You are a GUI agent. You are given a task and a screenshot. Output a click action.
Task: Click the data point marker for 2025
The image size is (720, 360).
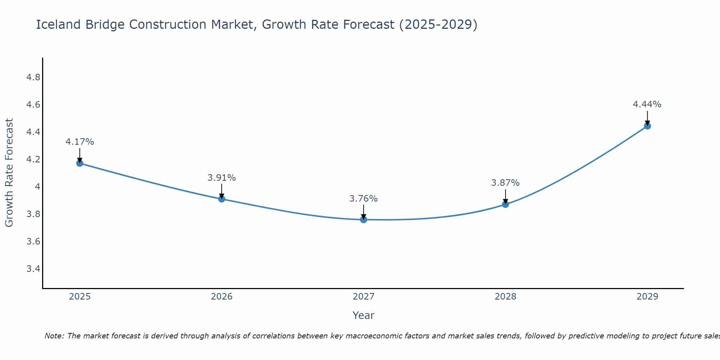80,163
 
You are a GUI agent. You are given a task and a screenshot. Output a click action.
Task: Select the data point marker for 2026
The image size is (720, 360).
221,199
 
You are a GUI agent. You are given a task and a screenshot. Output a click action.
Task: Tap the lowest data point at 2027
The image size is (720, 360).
364,219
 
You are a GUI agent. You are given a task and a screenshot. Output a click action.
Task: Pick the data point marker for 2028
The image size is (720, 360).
505,204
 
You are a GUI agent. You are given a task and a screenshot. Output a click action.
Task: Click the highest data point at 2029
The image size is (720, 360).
647,126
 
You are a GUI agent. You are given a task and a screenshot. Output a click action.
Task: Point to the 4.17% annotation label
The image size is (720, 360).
80,142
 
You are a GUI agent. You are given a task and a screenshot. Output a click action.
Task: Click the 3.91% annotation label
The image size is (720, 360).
221,178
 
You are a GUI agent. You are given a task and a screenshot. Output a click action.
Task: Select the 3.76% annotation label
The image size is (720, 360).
364,199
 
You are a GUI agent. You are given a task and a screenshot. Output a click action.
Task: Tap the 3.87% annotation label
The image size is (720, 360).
505,183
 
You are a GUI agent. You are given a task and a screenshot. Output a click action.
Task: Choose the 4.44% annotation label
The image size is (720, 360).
647,104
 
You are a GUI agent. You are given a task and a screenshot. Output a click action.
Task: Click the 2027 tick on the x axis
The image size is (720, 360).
364,297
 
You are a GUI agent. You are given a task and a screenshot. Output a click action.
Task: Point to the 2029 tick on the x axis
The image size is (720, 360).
647,297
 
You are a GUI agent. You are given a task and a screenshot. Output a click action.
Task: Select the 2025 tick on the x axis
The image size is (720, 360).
80,297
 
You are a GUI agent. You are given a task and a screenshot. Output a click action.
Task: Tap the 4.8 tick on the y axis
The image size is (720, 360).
33,77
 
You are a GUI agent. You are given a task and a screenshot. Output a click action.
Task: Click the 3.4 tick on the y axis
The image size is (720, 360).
33,269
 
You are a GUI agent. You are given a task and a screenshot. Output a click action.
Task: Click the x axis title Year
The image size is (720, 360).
364,315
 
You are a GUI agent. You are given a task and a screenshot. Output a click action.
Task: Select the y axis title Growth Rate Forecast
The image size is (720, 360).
9,173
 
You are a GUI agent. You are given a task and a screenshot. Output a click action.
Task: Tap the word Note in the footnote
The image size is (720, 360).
54,336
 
